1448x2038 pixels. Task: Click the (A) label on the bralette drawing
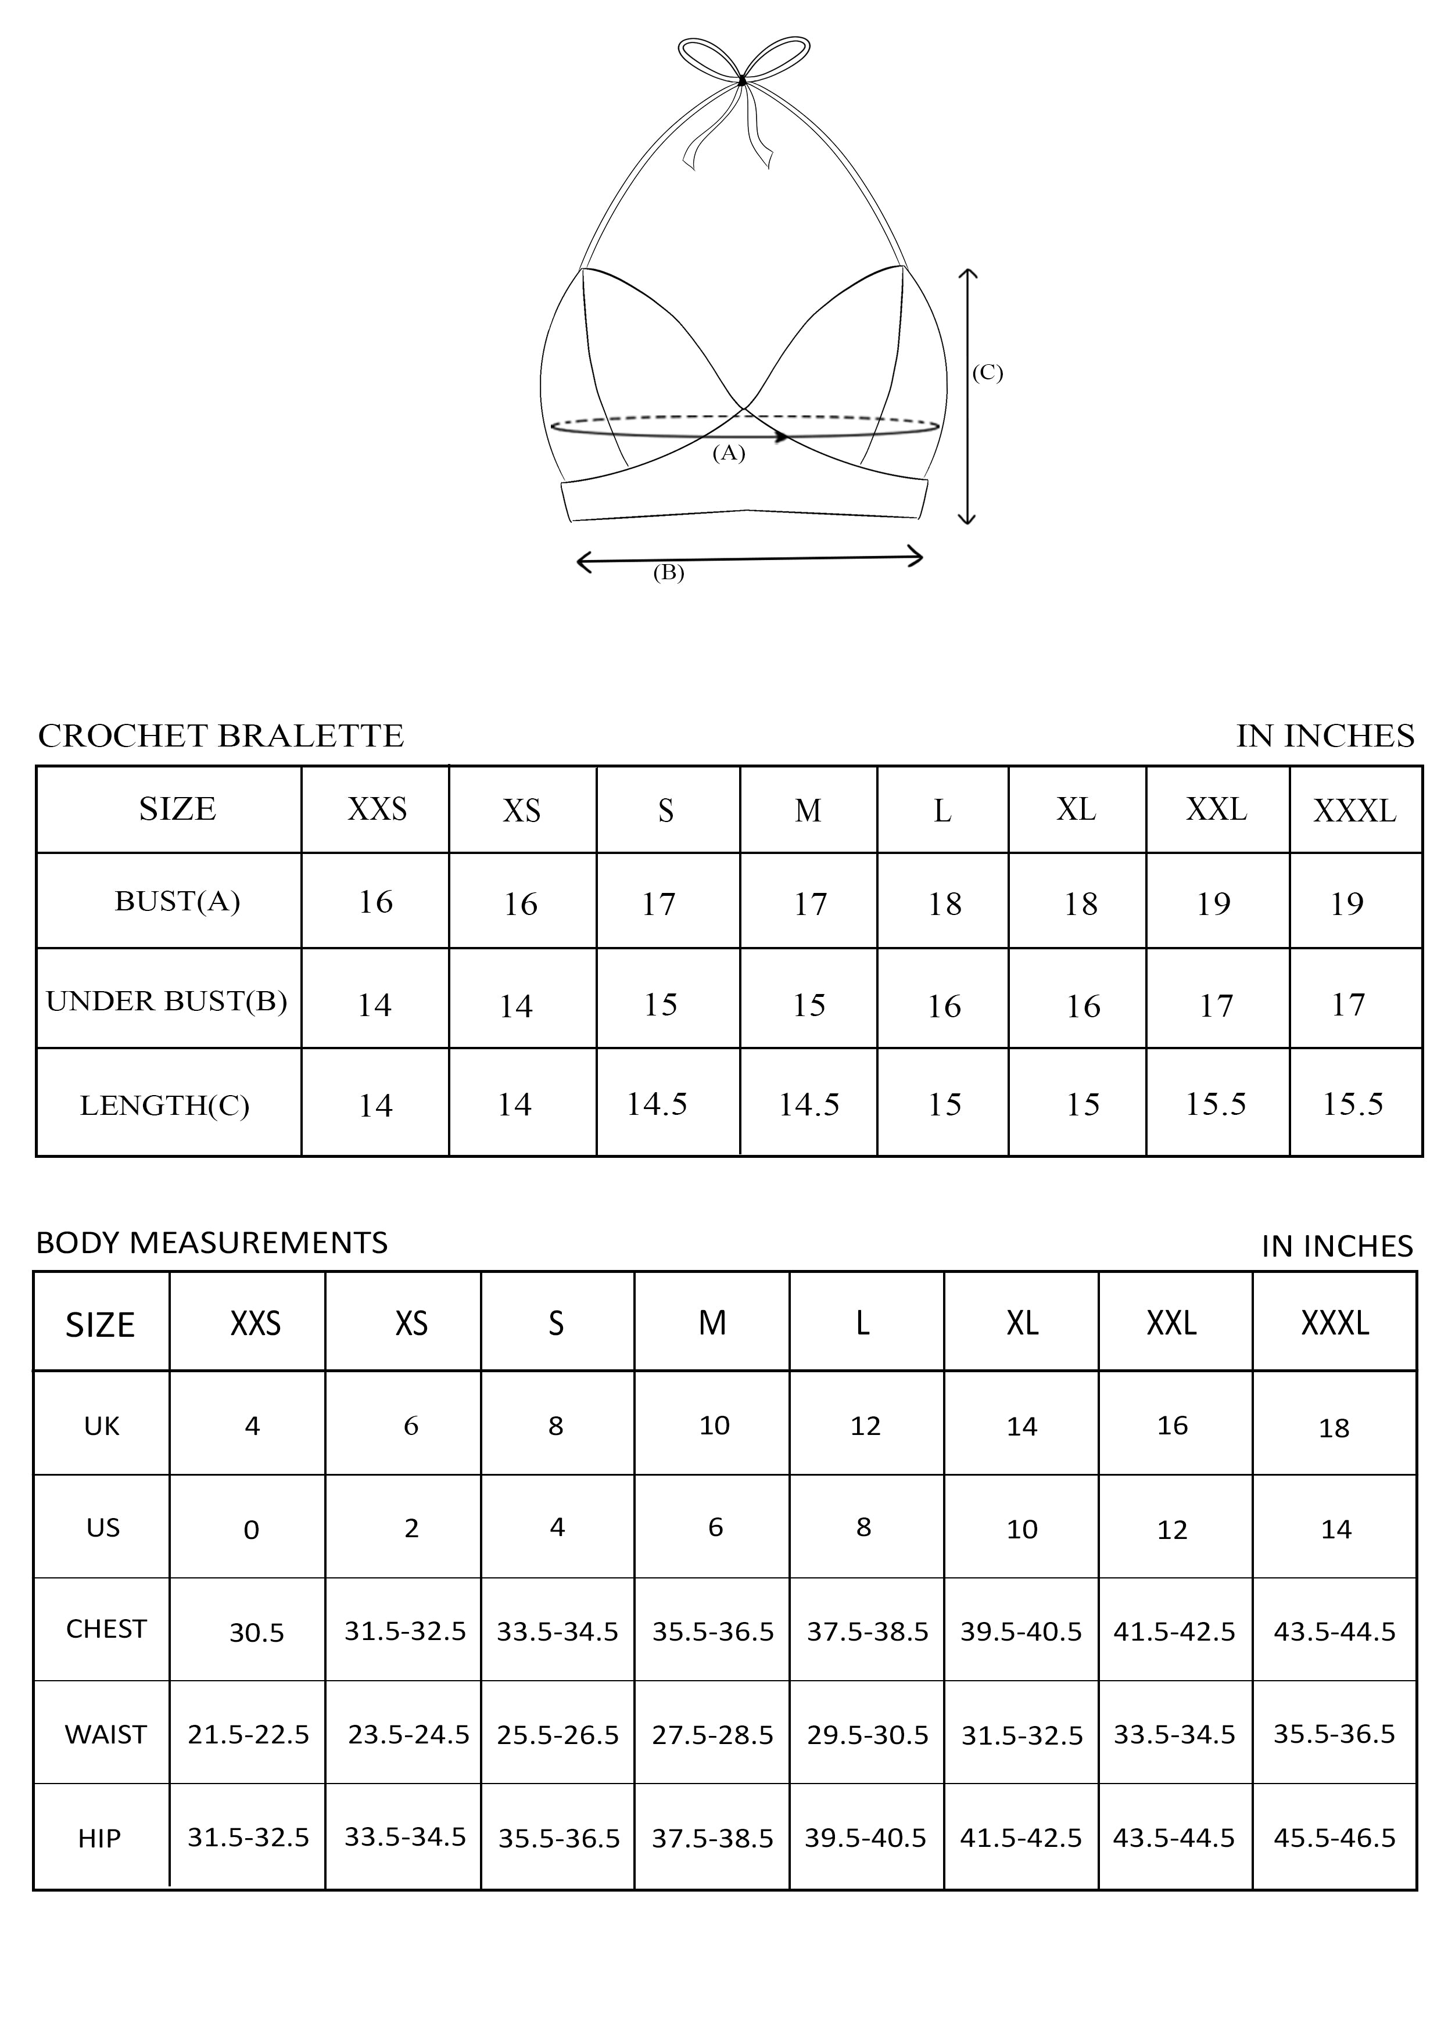tap(729, 453)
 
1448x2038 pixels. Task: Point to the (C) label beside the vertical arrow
tap(987, 372)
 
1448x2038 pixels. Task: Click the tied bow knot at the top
tap(742, 80)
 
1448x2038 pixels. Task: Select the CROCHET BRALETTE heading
tap(221, 735)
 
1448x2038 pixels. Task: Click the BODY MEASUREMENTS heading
tap(212, 1242)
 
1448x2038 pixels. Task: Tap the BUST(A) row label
tap(177, 901)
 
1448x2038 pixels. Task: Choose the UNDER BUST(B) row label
tap(167, 1001)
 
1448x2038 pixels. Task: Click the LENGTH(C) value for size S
tap(657, 1104)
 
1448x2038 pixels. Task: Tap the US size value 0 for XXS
tap(252, 1530)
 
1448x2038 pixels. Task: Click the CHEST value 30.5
tap(257, 1632)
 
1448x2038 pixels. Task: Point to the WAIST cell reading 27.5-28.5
tap(712, 1735)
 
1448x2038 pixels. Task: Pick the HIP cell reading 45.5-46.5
tap(1334, 1838)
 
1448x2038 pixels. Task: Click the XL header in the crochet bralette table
tap(1076, 809)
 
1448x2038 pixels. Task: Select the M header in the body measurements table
tap(712, 1323)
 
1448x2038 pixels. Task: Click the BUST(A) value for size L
tap(944, 904)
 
